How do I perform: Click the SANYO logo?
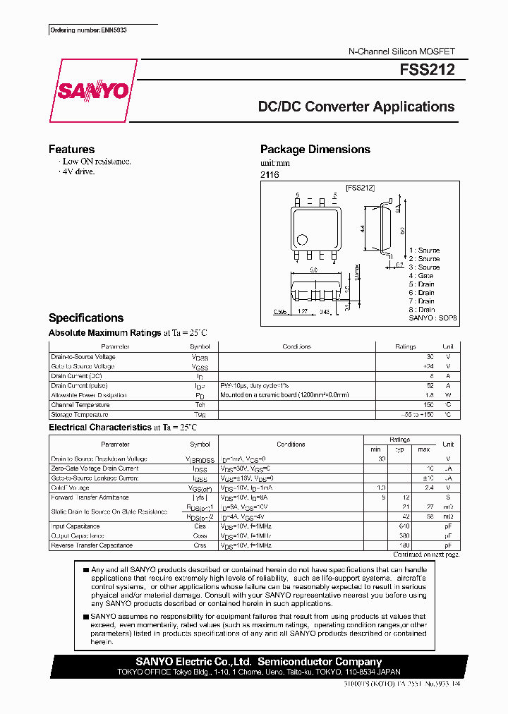(92, 91)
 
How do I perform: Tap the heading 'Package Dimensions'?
(315, 150)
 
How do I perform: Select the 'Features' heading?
(71, 150)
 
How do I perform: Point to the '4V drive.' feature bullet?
(78, 171)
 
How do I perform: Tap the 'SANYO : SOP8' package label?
(433, 318)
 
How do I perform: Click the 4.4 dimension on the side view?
(361, 229)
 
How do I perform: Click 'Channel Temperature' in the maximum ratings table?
(80, 405)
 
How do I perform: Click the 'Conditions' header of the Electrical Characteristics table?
(291, 444)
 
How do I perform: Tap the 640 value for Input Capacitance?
(404, 526)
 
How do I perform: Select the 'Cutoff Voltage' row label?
(71, 488)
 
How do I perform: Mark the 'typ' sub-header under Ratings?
(399, 449)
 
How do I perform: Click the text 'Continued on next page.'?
(425, 555)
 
